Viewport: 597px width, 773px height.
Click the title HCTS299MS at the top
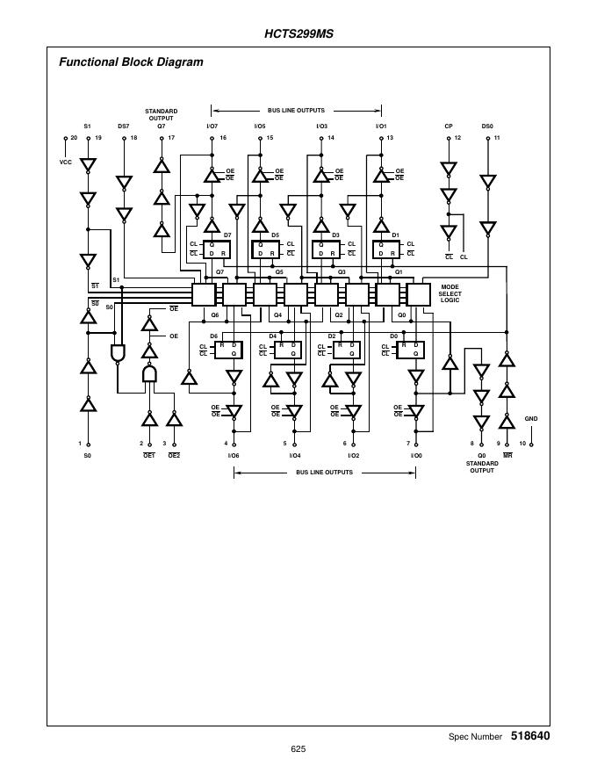[x=298, y=34]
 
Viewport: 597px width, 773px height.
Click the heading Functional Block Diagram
[x=131, y=62]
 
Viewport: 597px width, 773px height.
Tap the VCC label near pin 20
[x=65, y=162]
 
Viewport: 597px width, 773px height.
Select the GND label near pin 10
[x=530, y=419]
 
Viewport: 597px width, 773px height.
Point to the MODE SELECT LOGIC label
[x=450, y=293]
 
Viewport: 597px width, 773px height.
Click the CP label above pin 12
[x=449, y=126]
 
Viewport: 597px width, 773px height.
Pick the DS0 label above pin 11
[x=487, y=126]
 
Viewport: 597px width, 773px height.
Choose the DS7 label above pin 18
[x=124, y=126]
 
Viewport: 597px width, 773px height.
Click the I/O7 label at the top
[x=212, y=126]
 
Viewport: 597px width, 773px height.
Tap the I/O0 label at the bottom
[x=416, y=456]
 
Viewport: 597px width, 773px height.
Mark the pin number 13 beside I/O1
[x=390, y=139]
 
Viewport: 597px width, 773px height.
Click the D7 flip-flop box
[x=216, y=249]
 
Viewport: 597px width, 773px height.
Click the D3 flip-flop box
[x=326, y=249]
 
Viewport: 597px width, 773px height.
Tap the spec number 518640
[x=530, y=735]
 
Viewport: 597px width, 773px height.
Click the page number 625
[x=298, y=749]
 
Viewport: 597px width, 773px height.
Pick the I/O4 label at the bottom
[x=295, y=456]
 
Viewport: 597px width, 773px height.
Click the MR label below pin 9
[x=507, y=456]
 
